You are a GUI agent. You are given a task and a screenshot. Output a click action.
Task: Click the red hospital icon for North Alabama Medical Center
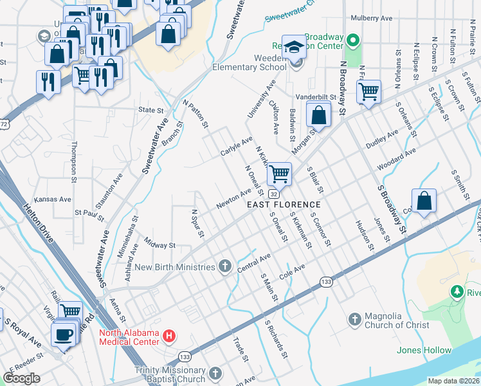pos(169,336)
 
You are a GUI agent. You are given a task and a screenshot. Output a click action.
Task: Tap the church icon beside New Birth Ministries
pos(224,266)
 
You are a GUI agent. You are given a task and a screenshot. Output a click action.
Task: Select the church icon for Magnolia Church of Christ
pos(354,319)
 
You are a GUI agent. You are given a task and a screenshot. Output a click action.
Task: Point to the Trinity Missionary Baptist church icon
pos(215,373)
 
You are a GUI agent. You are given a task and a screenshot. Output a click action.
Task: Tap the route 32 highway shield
pos(274,194)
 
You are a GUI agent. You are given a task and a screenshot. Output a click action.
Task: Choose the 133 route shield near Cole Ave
pos(326,282)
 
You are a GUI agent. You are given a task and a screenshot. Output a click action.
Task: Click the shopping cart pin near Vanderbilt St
pos(368,92)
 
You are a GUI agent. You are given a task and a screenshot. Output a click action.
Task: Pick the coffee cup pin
pos(64,335)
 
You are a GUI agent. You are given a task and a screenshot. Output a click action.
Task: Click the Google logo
pos(22,378)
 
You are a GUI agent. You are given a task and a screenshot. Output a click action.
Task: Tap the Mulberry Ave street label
pos(377,19)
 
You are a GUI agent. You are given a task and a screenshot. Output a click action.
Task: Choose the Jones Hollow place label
pos(424,350)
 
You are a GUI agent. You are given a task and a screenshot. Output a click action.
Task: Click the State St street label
pos(151,110)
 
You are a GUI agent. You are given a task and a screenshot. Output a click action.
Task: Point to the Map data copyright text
pos(453,381)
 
